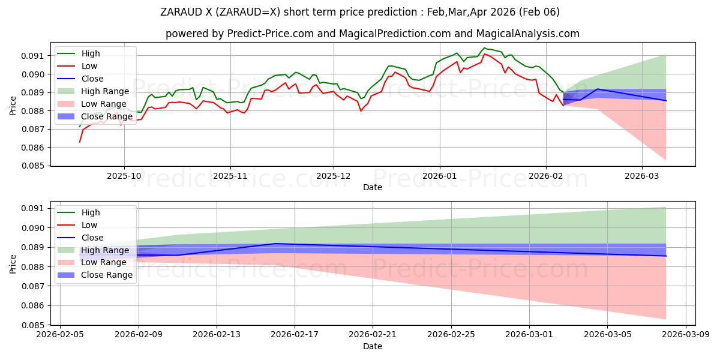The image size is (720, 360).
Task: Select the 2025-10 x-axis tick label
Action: point(124,176)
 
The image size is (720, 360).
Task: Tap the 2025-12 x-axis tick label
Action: point(334,176)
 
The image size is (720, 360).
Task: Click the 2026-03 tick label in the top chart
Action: point(642,176)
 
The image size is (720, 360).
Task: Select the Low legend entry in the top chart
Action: point(89,66)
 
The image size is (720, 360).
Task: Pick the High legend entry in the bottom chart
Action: point(91,212)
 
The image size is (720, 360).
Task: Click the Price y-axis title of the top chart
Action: point(13,106)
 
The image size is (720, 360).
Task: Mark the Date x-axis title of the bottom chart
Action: point(373,346)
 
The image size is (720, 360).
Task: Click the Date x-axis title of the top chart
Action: point(373,187)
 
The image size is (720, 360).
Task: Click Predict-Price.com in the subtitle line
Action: point(264,34)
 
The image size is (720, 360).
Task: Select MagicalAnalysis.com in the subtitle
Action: point(533,34)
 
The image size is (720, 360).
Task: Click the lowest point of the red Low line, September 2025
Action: point(80,142)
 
